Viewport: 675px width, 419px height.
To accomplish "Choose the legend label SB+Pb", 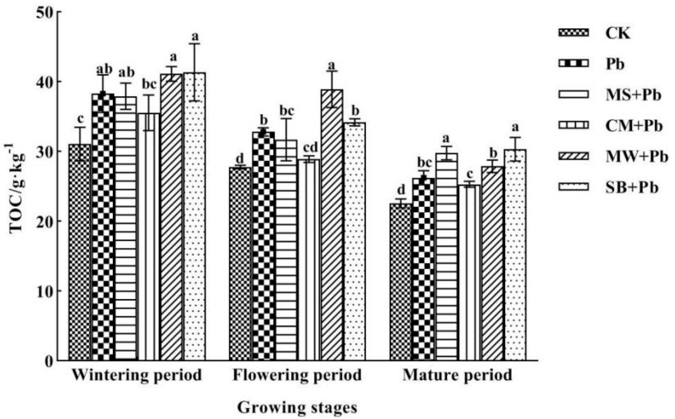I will point(631,188).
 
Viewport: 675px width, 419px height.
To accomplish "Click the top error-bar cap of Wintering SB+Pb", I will point(194,44).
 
